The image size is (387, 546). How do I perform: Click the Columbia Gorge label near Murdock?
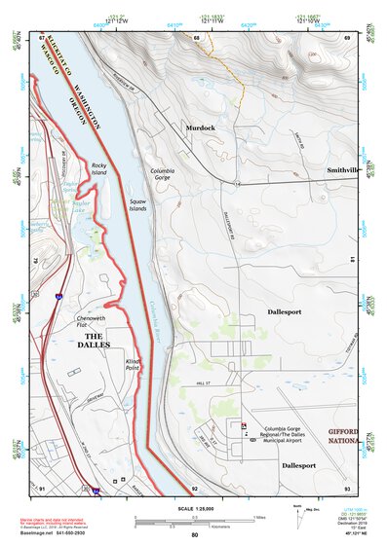coord(163,174)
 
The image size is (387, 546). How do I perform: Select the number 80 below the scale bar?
coord(194,535)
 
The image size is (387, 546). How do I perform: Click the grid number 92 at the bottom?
coord(195,487)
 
